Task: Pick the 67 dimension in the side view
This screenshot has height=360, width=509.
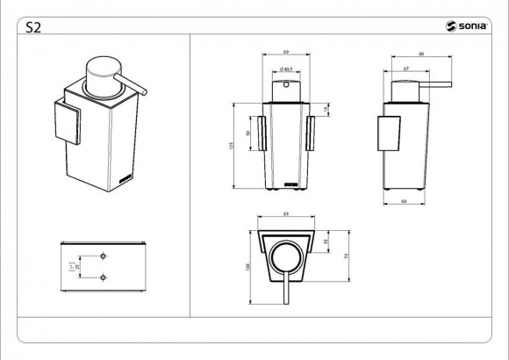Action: coord(407,68)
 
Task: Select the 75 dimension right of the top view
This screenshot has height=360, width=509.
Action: coord(348,256)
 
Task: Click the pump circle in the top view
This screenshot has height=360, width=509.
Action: coord(285,260)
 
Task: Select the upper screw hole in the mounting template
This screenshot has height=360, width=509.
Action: coord(104,256)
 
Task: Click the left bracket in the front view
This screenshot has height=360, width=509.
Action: coord(262,132)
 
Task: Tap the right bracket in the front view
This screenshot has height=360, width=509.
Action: coord(309,132)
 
